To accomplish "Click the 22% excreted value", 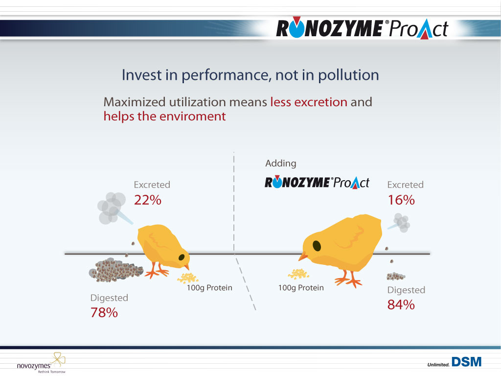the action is [148, 200].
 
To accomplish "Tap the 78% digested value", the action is [104, 313].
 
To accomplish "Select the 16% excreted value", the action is [401, 200].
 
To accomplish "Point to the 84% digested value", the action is [401, 305].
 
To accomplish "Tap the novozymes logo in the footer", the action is [41, 363].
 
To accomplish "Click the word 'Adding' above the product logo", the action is [280, 164].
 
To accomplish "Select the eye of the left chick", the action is [182, 258].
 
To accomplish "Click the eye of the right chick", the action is [317, 246].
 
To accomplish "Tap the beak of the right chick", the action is [303, 256].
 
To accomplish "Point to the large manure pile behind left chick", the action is [115, 270].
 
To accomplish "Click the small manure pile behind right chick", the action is [395, 276].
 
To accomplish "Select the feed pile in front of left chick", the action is [188, 278].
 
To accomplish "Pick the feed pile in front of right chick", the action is [298, 274].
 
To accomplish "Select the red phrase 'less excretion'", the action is [309, 102].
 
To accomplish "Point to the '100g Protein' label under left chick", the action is [209, 288].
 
